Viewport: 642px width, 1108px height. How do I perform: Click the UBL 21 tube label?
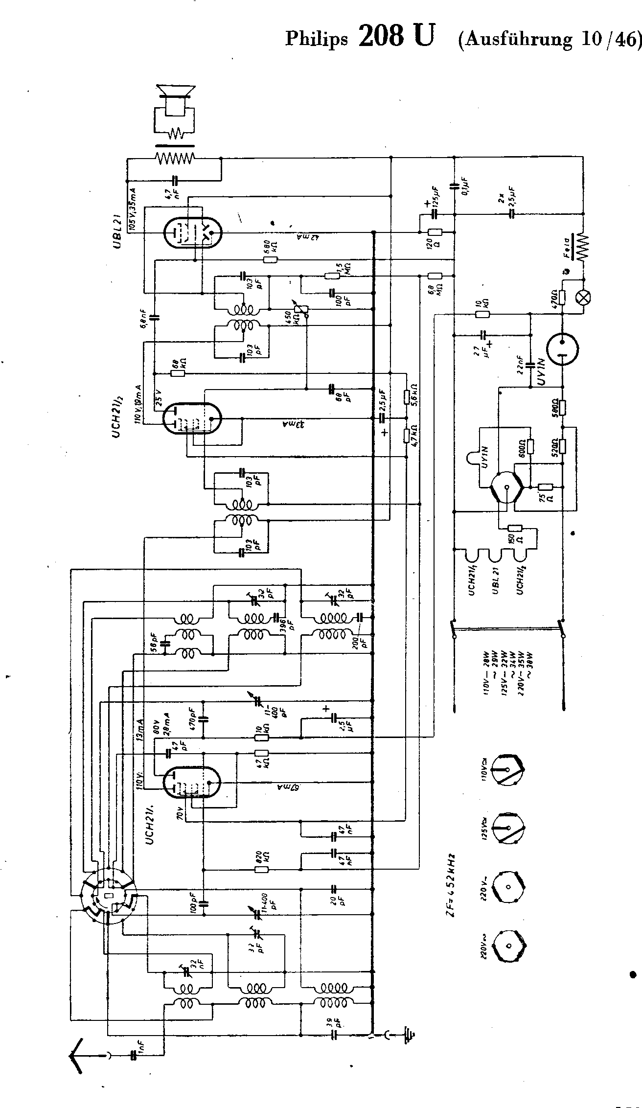(118, 231)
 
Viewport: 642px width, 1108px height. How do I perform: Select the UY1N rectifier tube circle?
(562, 349)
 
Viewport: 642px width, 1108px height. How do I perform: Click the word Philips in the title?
(317, 39)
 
